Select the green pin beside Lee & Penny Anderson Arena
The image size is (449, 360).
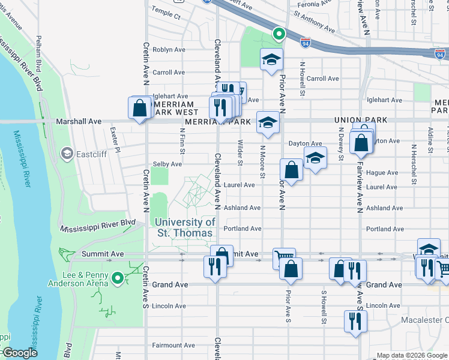pyautogui.click(x=118, y=277)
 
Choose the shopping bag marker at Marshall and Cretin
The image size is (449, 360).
pyautogui.click(x=140, y=109)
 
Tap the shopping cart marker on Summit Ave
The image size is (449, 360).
pyautogui.click(x=283, y=259)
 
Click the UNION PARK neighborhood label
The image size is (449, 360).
pyautogui.click(x=361, y=121)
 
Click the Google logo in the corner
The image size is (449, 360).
pyautogui.click(x=19, y=353)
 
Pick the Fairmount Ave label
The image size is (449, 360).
pyautogui.click(x=173, y=345)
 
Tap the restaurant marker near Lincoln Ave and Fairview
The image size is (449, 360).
pyautogui.click(x=355, y=320)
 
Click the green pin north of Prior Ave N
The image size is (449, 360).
pyautogui.click(x=278, y=34)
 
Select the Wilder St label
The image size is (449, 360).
pyautogui.click(x=240, y=152)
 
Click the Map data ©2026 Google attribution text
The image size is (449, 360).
pyautogui.click(x=411, y=355)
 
